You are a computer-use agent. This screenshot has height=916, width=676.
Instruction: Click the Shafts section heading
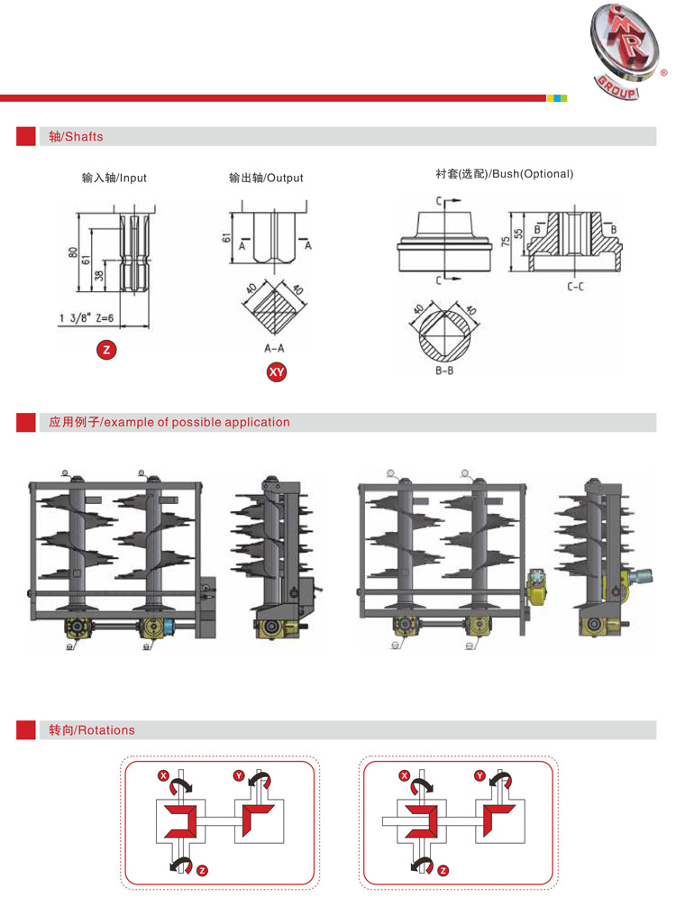76,137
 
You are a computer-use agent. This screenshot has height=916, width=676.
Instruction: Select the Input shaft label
114,178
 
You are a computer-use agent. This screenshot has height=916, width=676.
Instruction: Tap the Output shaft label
266,178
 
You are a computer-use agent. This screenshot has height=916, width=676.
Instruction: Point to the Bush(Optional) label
504,173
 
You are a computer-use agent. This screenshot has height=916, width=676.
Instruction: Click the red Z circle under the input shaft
106,350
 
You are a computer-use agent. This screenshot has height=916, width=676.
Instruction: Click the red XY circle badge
276,371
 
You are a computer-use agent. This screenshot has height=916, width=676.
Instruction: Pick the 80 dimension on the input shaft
73,252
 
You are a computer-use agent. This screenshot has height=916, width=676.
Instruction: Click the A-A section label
275,347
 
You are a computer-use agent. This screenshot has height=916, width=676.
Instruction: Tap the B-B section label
443,370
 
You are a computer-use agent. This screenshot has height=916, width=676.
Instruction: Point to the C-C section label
575,286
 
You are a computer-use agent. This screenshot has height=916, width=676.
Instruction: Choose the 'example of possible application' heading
169,422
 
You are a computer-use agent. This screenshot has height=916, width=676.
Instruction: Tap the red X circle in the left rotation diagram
163,775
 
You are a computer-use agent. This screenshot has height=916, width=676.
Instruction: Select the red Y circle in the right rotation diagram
479,775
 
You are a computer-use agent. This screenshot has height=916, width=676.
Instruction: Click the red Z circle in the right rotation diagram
442,870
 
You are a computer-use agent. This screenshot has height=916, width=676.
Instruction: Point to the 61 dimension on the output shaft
226,239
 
